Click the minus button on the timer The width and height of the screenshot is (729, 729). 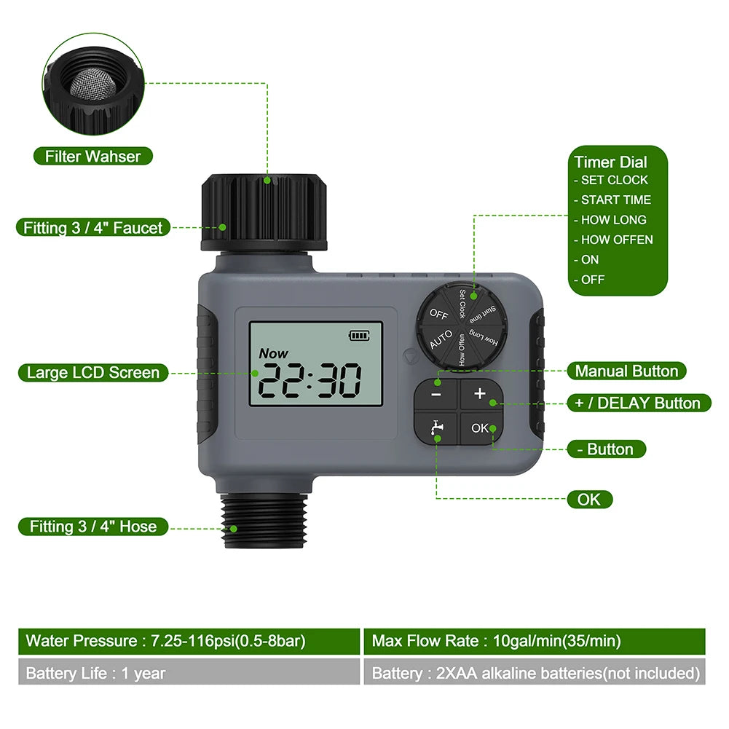pyautogui.click(x=436, y=395)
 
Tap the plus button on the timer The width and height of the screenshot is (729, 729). pyautogui.click(x=479, y=394)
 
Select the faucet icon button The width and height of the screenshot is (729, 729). pyautogui.click(x=436, y=428)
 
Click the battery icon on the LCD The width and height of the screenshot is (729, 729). pyautogui.click(x=359, y=335)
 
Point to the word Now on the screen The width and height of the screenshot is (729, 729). pyautogui.click(x=274, y=353)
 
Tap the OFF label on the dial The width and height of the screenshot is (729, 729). pyautogui.click(x=438, y=314)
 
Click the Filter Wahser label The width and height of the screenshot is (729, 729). pyautogui.click(x=92, y=156)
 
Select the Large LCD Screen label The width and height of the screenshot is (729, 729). pyautogui.click(x=92, y=373)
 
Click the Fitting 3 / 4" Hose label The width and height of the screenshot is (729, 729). pyautogui.click(x=93, y=527)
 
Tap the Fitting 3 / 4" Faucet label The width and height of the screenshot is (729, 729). pyautogui.click(x=93, y=228)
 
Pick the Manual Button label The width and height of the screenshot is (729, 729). pyautogui.click(x=626, y=371)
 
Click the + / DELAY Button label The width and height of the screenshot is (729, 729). pyautogui.click(x=638, y=403)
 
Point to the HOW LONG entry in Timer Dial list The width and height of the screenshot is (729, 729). pyautogui.click(x=613, y=219)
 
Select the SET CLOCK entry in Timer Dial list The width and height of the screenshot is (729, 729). pyautogui.click(x=614, y=180)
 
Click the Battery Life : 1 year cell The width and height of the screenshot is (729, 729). pyautogui.click(x=189, y=673)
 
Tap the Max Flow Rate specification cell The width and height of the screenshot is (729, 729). pyautogui.click(x=534, y=641)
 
